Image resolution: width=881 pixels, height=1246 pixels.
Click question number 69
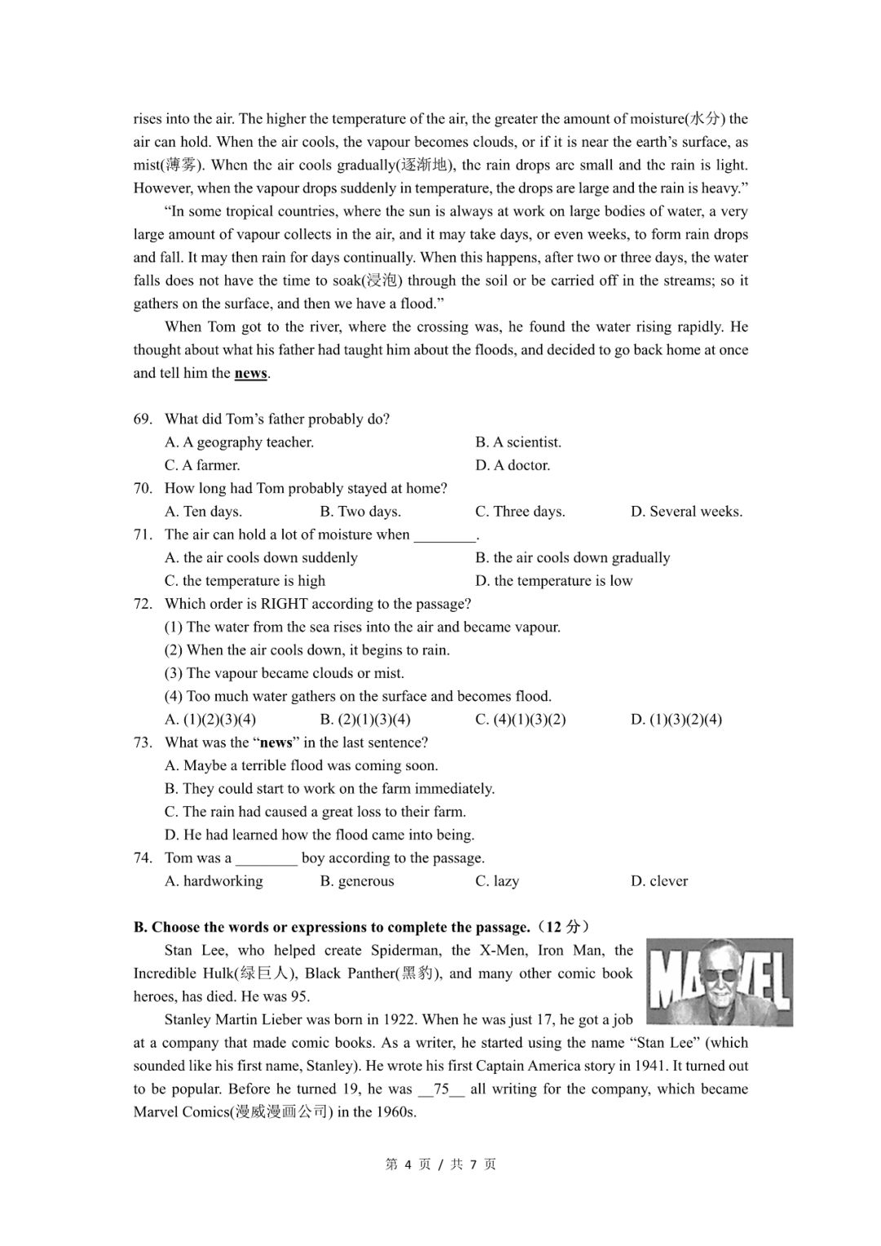(143, 419)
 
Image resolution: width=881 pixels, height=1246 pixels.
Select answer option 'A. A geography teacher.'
(239, 442)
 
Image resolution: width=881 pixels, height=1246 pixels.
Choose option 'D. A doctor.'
(512, 465)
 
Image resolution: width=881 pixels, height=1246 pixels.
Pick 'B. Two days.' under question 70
(360, 512)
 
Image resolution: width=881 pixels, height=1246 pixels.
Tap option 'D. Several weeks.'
(686, 512)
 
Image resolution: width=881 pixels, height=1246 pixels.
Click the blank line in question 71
(445, 536)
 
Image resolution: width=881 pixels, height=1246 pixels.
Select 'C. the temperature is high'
(245, 581)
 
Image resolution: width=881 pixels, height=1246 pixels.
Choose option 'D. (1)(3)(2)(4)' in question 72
(676, 720)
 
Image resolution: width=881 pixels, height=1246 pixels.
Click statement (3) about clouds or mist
(284, 673)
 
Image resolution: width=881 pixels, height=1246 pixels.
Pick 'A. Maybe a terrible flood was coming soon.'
(301, 765)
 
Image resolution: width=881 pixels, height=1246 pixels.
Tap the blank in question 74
(267, 859)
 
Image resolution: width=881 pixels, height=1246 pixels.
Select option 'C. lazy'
(497, 881)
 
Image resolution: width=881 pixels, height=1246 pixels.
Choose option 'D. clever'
(659, 881)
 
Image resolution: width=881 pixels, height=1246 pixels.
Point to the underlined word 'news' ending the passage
(250, 374)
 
